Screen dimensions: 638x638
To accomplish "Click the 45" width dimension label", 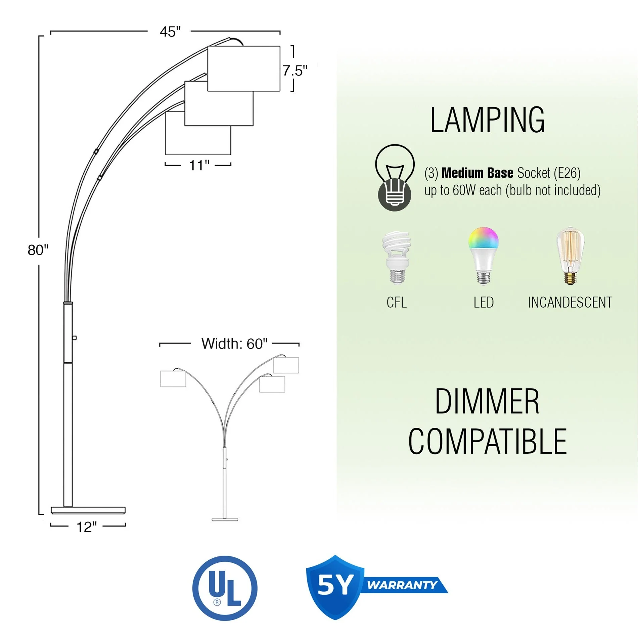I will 170,32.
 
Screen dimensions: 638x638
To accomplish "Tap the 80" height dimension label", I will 38,250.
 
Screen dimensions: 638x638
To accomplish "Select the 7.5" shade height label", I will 294,71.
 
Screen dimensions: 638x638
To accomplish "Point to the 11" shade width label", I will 199,165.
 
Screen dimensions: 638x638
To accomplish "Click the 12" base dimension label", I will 86,527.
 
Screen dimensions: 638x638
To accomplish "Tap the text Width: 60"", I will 234,344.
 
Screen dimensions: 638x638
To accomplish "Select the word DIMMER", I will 487,402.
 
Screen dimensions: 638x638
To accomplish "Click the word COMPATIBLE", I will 487,441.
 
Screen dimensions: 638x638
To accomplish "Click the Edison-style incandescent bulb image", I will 570,256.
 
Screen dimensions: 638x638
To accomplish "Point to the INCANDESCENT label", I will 570,302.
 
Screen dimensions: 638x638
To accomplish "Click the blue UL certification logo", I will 225,588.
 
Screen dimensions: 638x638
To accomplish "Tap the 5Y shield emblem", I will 335,586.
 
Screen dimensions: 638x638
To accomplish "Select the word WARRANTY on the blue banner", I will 402,585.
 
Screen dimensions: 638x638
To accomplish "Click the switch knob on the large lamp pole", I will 75,337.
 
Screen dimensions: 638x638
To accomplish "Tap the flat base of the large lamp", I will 88,510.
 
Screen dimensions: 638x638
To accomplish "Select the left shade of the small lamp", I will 173,379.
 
